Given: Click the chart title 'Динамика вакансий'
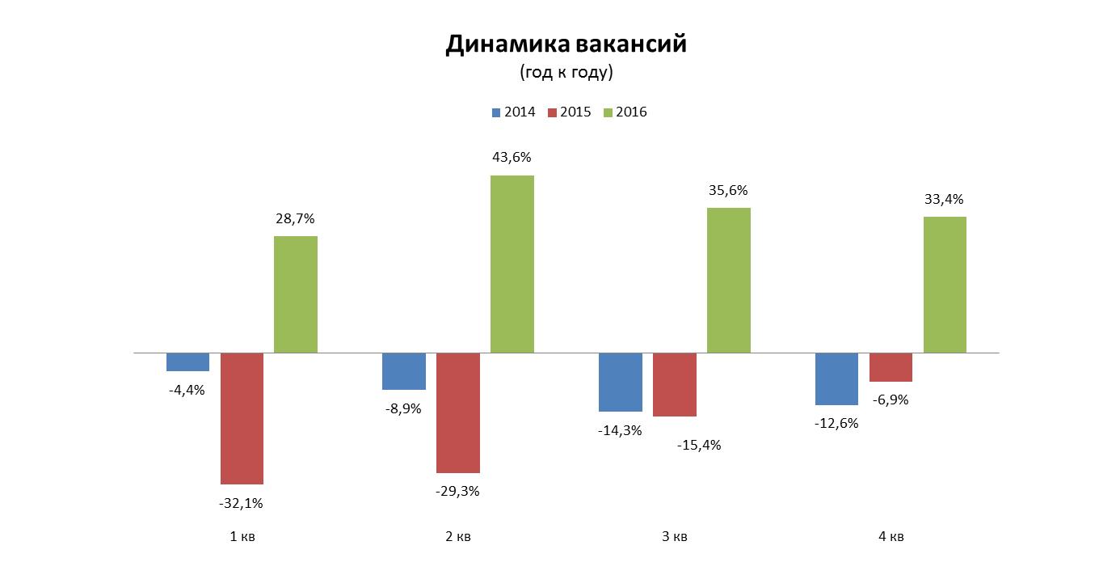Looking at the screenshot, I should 566,44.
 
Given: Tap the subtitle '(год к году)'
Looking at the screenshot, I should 566,72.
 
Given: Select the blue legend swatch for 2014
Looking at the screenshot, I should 495,112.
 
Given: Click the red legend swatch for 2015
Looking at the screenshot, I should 552,112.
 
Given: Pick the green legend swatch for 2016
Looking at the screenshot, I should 608,112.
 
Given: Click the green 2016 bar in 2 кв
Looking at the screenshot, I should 512,264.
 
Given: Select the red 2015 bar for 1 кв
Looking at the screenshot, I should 242,418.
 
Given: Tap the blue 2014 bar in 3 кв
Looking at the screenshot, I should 621,382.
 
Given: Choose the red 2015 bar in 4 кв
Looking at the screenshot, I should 891,367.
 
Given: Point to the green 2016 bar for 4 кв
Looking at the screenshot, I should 945,285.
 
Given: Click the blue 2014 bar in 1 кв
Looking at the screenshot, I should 187,362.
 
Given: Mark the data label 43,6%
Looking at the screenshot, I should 512,158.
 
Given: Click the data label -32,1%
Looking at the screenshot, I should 241,503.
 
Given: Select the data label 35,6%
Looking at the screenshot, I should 728,191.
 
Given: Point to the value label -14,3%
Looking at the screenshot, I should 620,430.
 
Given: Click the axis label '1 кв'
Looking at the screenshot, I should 242,537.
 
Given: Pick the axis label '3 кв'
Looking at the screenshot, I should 674,537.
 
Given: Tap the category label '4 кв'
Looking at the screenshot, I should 891,537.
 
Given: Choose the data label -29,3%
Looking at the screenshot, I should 457,491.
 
